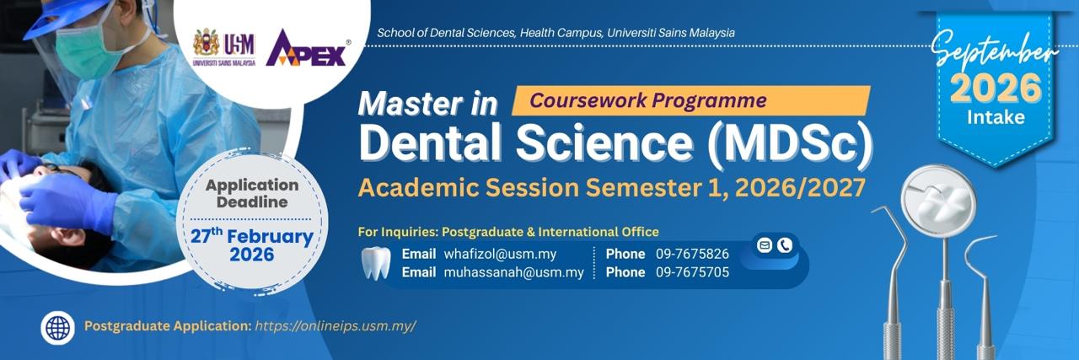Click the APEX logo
coord(307,48)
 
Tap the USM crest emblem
coord(207,43)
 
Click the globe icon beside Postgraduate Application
coord(58,328)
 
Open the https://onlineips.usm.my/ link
coord(336,325)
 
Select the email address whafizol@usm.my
coord(500,254)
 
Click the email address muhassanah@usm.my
coord(513,272)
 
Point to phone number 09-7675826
coord(692,254)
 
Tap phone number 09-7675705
coord(692,272)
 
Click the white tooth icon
coord(376,263)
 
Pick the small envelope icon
coord(764,245)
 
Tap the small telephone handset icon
coord(785,245)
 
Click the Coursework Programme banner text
coord(648,100)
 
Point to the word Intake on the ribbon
coord(996,117)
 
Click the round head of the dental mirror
coord(938,201)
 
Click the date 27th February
coord(251,236)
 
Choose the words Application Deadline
coord(252,193)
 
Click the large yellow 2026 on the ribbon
coord(996,89)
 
